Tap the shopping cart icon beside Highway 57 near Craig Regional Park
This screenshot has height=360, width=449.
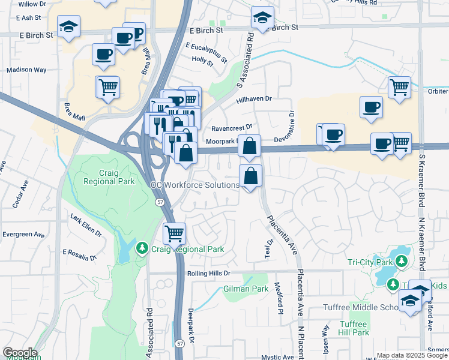174,232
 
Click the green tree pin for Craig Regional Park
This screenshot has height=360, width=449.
142,248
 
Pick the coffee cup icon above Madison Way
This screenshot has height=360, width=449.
103,54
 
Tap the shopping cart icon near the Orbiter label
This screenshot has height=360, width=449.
399,88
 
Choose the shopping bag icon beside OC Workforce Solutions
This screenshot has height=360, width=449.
250,176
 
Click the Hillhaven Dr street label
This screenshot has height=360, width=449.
254,99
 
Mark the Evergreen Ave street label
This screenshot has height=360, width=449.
23,234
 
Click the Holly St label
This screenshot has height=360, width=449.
202,60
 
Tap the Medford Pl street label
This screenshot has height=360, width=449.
279,298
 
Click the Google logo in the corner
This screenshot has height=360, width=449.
20,353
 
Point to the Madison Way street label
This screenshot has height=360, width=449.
26,70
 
